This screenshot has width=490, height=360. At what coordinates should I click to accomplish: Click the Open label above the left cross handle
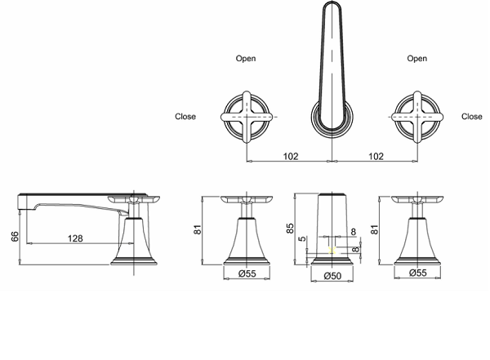[x=246, y=59]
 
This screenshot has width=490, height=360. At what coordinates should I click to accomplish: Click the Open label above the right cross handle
[x=416, y=59]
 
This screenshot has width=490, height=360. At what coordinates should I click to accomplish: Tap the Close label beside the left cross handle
[x=185, y=117]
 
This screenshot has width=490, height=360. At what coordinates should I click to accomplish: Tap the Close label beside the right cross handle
[x=472, y=117]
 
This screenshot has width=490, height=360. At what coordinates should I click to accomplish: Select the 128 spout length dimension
[x=75, y=238]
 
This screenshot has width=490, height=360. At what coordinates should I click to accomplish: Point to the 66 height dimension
[x=15, y=236]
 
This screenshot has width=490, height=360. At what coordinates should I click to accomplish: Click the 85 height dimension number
[x=290, y=228]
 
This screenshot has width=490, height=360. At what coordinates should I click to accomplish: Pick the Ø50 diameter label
[x=332, y=276]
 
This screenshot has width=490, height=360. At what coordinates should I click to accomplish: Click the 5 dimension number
[x=302, y=239]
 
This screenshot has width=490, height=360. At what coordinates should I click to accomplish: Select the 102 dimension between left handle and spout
[x=291, y=156]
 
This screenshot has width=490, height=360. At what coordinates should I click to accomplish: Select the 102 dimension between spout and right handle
[x=376, y=156]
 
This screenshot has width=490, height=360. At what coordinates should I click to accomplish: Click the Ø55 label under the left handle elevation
[x=247, y=273]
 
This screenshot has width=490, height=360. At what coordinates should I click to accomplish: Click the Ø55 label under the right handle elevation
[x=418, y=273]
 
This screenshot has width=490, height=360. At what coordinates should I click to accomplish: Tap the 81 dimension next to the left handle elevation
[x=198, y=229]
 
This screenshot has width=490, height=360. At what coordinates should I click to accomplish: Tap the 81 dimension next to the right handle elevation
[x=374, y=229]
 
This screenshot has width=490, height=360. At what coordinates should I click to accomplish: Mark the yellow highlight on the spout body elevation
[x=332, y=250]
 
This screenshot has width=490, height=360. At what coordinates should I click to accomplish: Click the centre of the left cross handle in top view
[x=247, y=117]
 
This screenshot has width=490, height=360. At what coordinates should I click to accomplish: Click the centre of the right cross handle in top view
[x=417, y=117]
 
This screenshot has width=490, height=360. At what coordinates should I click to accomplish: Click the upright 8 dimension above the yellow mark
[x=354, y=232]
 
